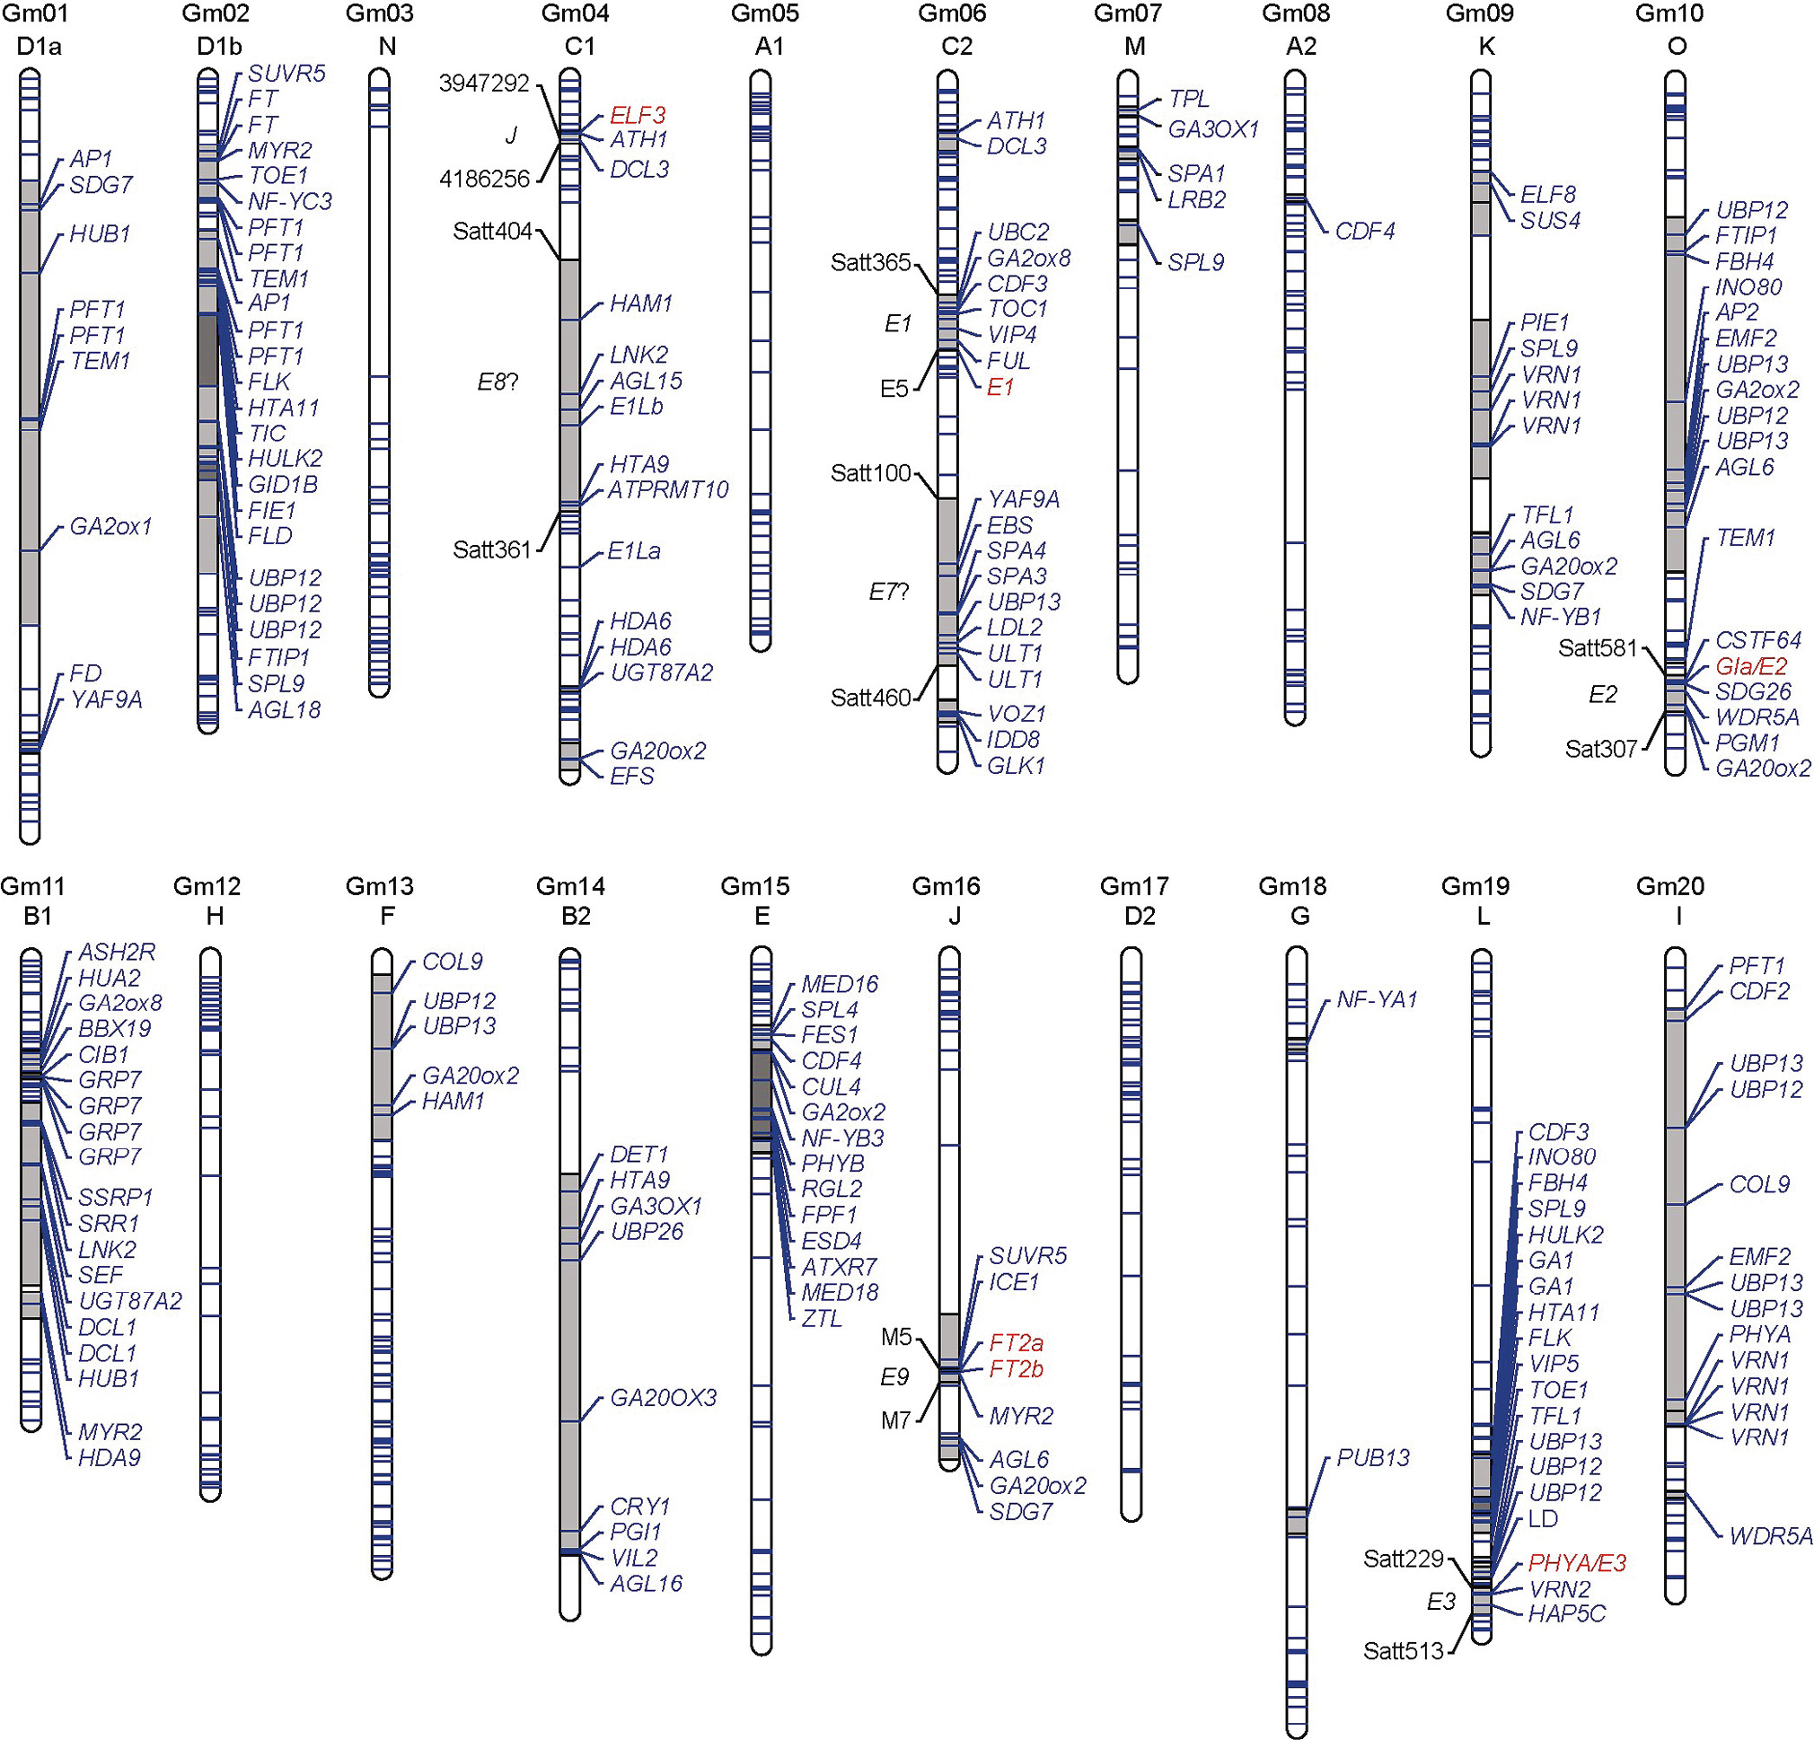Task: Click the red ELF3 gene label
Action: [x=637, y=116]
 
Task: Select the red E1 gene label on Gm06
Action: [x=999, y=387]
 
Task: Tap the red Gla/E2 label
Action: [x=1751, y=666]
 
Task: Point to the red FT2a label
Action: [x=1016, y=1343]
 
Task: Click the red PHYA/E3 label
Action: [x=1576, y=1563]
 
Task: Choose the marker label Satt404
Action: [x=491, y=232]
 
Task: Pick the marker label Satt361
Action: [x=491, y=549]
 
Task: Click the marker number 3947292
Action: [x=484, y=83]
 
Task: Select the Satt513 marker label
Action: [x=1403, y=1651]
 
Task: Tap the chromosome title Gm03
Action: [x=380, y=13]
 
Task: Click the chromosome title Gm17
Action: [x=1133, y=886]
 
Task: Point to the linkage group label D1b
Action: [x=219, y=47]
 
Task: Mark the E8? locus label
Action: [x=497, y=382]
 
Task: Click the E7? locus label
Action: [x=888, y=592]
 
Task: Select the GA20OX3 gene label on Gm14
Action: [x=663, y=1398]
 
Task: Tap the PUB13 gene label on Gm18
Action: [x=1372, y=1458]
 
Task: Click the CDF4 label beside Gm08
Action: [x=1364, y=232]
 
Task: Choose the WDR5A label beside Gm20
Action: [x=1771, y=1536]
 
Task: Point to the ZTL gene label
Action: [x=821, y=1318]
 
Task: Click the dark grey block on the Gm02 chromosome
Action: [x=208, y=350]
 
